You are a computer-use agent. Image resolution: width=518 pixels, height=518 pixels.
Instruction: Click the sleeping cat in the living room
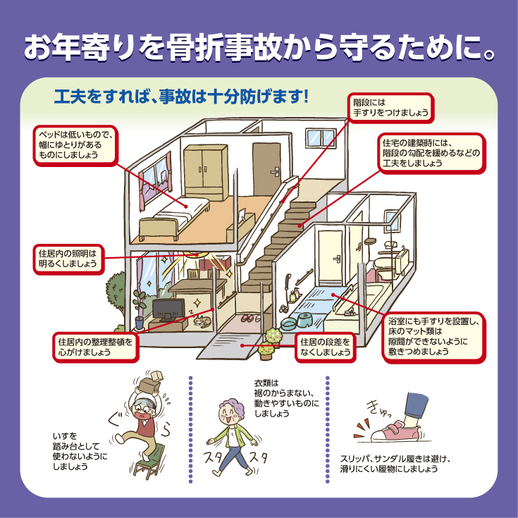point(202,321)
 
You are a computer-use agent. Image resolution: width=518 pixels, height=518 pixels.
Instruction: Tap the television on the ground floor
point(168,311)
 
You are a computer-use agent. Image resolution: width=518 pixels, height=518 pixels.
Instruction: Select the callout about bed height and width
point(75,145)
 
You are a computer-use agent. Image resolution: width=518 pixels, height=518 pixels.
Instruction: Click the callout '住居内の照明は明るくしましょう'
point(68,259)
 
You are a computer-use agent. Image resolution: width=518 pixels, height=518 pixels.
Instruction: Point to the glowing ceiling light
point(196,254)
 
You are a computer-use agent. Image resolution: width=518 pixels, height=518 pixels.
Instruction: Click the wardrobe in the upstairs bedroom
point(206,172)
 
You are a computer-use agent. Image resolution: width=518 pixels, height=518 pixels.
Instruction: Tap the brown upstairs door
point(266,169)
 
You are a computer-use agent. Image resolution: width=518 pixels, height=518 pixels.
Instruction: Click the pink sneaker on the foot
point(396,431)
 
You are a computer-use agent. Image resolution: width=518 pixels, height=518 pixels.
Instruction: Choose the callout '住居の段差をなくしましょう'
point(325,347)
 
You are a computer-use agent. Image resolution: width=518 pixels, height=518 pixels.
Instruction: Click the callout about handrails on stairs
point(391,108)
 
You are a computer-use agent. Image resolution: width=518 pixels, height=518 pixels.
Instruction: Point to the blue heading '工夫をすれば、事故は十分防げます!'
point(181,97)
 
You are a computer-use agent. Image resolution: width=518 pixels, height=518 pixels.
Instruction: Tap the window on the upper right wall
point(320,137)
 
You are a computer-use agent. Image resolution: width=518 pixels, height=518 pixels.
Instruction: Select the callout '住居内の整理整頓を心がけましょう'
point(95,347)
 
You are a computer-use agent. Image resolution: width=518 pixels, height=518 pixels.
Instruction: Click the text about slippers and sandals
point(395,464)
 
